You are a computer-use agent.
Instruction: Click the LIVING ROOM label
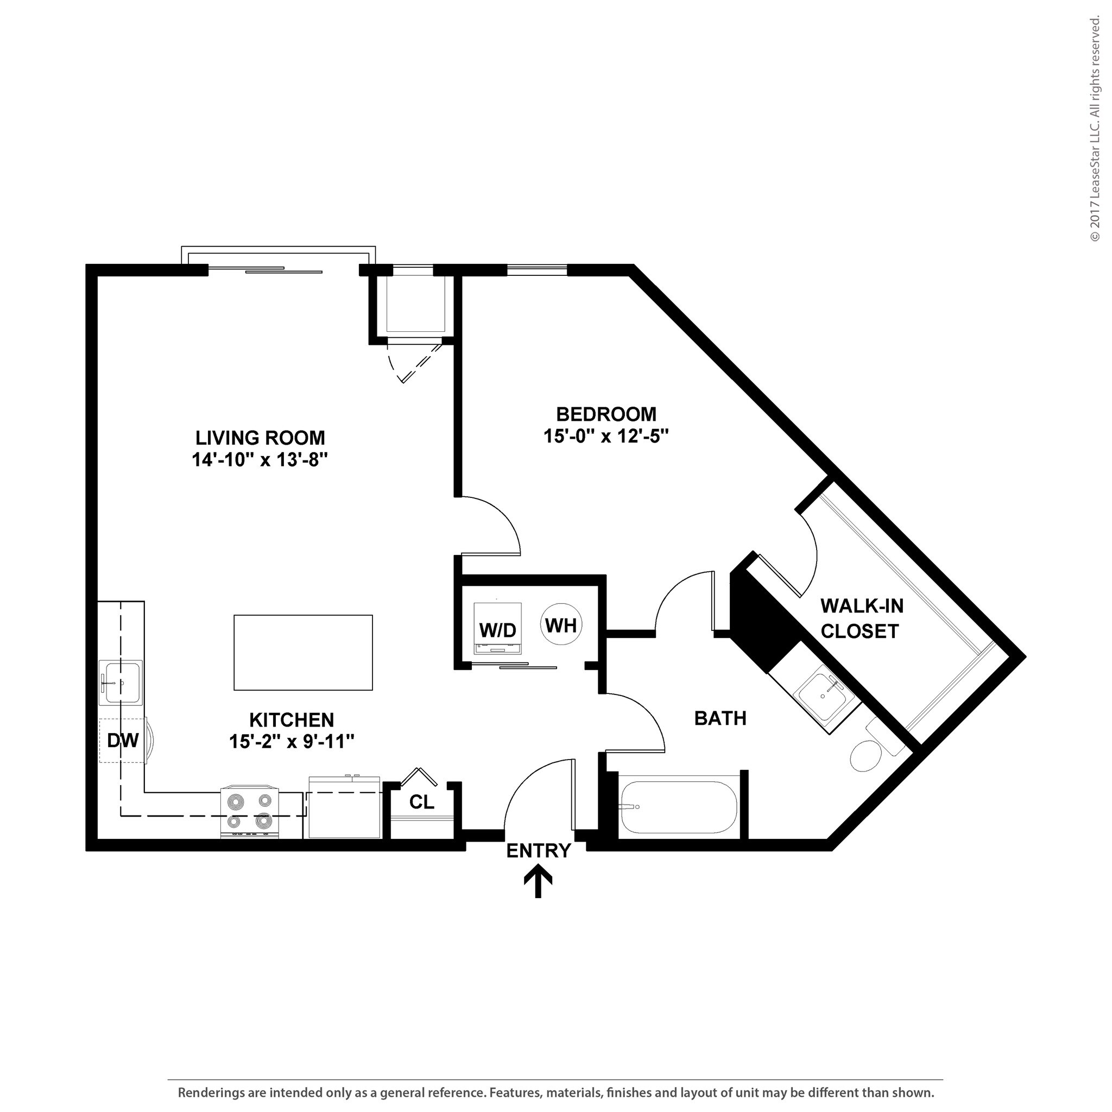coord(260,438)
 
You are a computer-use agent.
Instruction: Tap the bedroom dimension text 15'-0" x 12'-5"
coord(605,437)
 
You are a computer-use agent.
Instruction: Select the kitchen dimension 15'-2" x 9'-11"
coord(291,742)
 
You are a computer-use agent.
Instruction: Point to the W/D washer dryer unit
coord(498,630)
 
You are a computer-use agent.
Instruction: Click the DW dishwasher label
coord(123,741)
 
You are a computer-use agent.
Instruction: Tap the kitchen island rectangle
coord(303,652)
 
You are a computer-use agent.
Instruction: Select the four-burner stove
coord(250,812)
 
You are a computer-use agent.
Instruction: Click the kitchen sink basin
coord(121,683)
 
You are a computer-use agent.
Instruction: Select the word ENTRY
coord(538,851)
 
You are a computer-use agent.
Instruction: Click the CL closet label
coord(421,803)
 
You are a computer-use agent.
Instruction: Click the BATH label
coord(720,718)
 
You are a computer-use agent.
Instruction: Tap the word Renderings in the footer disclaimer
coord(211,1092)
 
